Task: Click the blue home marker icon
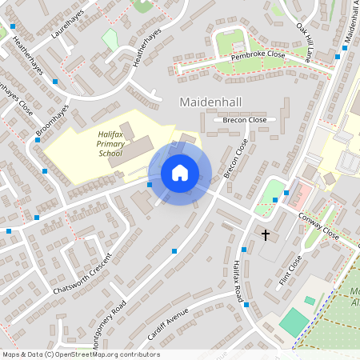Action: click(180, 173)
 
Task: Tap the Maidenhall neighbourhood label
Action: click(212, 102)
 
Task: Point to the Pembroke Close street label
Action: click(258, 54)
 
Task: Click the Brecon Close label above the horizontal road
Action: click(246, 119)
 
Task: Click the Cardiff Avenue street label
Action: click(168, 322)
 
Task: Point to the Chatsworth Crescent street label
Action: click(80, 274)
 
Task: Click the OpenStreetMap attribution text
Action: click(80, 354)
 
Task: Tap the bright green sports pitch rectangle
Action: click(294, 322)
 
